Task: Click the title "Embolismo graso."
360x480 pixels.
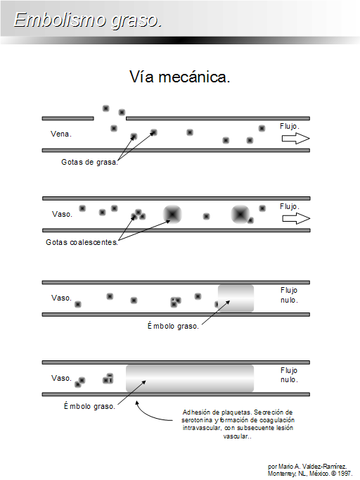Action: (x=88, y=20)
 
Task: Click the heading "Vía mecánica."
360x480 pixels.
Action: (x=179, y=77)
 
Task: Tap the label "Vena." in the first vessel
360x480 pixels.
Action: (x=61, y=134)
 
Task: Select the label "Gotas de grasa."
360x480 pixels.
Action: (x=89, y=162)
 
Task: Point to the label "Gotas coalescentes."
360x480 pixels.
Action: (x=82, y=242)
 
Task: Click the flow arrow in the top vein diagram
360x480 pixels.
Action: (x=296, y=139)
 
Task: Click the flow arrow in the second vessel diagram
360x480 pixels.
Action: (x=296, y=219)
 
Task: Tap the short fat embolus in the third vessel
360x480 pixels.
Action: (x=236, y=298)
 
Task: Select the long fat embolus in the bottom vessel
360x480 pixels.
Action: (x=190, y=379)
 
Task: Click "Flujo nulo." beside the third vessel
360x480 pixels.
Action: (x=289, y=295)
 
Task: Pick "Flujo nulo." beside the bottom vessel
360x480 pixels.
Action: (x=289, y=375)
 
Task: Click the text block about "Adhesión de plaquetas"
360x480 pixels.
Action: (x=238, y=424)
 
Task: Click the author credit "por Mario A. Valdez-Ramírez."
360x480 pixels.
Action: (x=307, y=467)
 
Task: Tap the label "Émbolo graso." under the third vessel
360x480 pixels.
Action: (x=173, y=326)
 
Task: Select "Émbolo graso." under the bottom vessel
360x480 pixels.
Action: (x=89, y=406)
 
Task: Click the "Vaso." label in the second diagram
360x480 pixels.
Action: (x=62, y=214)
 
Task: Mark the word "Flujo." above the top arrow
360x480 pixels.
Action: (x=290, y=126)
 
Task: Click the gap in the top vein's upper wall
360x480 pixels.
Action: (x=110, y=118)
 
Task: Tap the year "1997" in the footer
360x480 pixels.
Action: (x=345, y=474)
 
